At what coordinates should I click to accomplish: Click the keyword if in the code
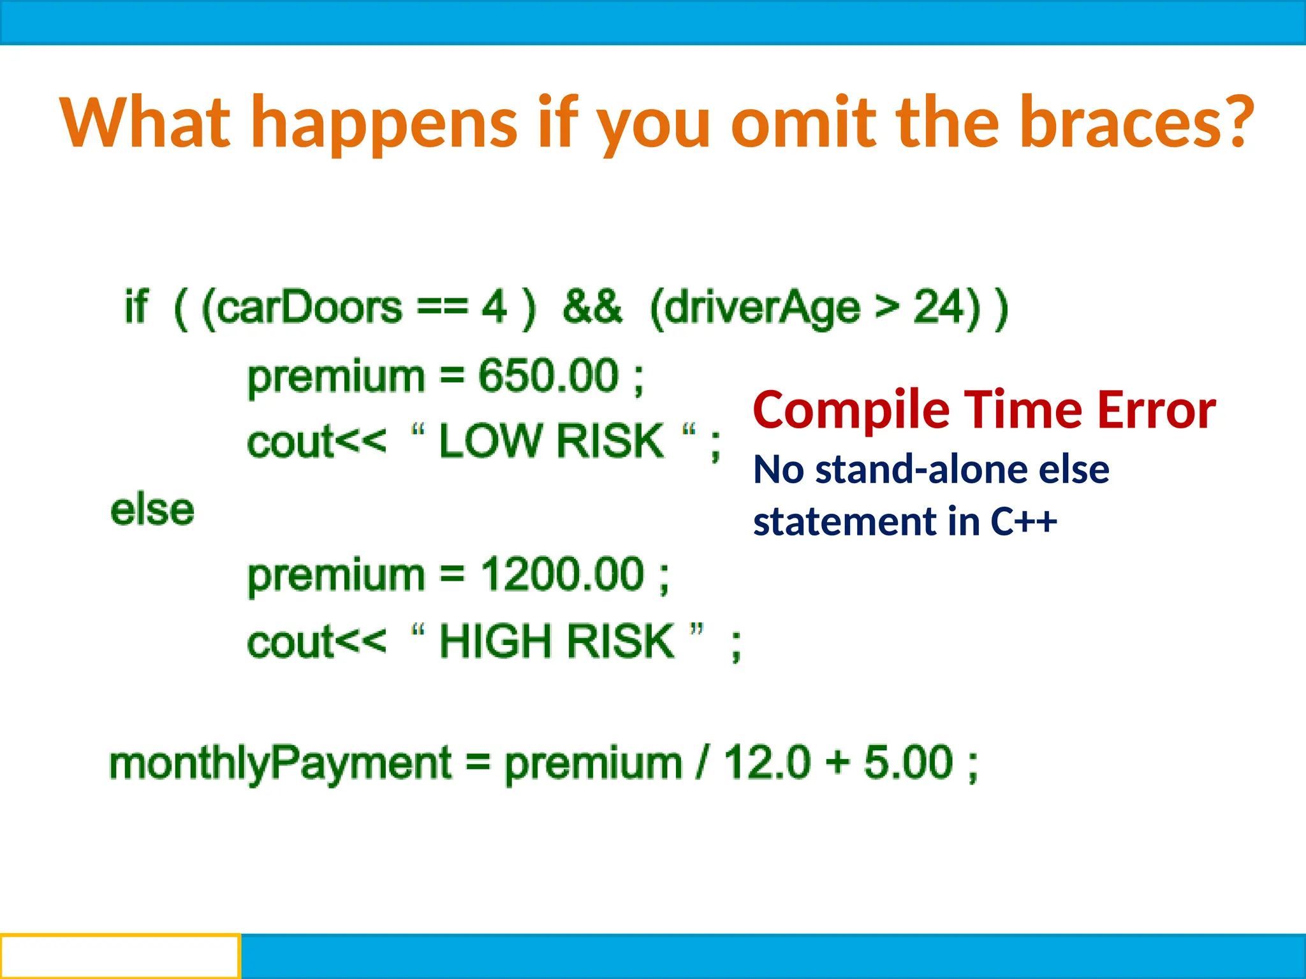pos(136,307)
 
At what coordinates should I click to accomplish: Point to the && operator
pos(592,307)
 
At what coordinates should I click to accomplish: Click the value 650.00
pos(548,375)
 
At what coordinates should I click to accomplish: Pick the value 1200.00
pos(562,574)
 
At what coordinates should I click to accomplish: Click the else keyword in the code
pos(152,510)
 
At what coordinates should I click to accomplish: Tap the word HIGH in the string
pos(495,641)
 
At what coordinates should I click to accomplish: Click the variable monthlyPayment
pos(281,764)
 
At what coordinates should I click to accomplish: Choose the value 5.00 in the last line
pos(908,762)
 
